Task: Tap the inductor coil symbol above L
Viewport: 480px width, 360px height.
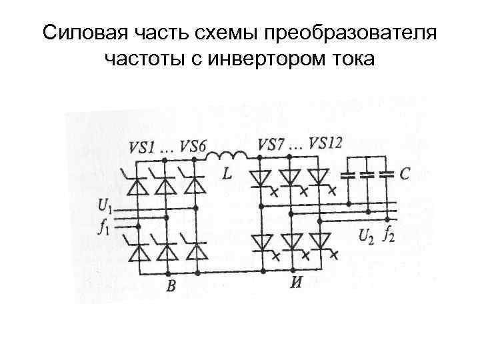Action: coord(227,157)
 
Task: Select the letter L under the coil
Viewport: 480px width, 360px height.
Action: coord(227,175)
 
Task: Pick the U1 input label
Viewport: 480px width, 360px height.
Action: coord(105,203)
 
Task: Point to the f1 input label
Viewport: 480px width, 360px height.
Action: coord(103,228)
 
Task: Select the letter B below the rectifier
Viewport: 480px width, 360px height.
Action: coord(171,287)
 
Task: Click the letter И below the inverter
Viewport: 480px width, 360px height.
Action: coord(296,281)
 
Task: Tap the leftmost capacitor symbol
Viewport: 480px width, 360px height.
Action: coord(348,176)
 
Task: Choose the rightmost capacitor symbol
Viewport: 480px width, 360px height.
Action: coord(385,176)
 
